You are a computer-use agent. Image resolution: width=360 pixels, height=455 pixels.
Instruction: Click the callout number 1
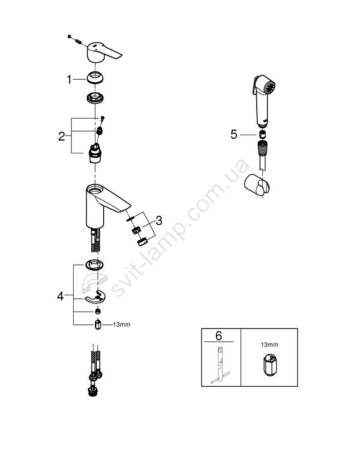coord(69,80)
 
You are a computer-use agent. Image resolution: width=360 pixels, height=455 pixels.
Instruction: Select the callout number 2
coord(61,136)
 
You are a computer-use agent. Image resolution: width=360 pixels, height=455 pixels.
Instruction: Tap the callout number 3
coord(159,221)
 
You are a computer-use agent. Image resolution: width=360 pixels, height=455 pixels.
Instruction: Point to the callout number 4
coord(60,296)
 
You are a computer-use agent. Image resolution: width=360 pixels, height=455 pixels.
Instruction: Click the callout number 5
coord(234,135)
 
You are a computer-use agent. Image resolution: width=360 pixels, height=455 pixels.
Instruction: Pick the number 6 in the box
coord(219,336)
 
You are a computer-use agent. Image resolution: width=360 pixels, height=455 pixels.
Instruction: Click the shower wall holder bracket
coord(257,185)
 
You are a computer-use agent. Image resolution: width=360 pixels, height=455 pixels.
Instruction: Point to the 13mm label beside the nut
coord(121,324)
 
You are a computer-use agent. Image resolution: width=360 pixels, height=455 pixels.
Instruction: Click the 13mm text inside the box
coord(269,345)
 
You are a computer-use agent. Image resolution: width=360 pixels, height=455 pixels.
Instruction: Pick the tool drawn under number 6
coord(220,365)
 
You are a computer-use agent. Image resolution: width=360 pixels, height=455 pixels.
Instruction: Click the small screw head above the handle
coord(69,36)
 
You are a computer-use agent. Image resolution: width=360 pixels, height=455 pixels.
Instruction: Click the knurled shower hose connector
coord(262,149)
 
